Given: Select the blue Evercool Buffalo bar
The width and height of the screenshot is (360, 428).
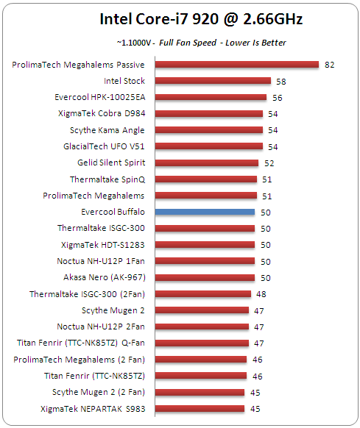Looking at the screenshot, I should click(x=202, y=212).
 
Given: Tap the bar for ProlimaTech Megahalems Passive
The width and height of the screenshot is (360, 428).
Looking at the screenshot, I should click(x=235, y=65).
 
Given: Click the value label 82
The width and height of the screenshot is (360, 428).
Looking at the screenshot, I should click(x=329, y=65).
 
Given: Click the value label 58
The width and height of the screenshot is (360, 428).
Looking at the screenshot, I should click(x=281, y=81).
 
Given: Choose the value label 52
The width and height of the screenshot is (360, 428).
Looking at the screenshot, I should click(x=269, y=163).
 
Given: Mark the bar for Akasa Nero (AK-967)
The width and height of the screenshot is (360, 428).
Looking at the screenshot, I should click(x=202, y=277).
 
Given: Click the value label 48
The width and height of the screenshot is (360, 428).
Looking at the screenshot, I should click(x=261, y=294).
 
